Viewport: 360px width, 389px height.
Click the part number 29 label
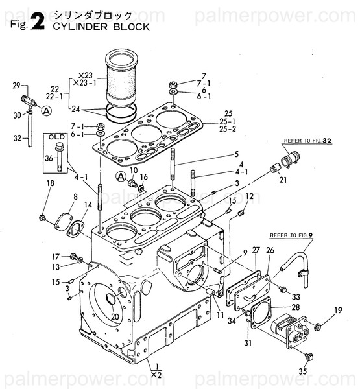click(16, 84)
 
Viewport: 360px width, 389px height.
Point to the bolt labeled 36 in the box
click(60, 154)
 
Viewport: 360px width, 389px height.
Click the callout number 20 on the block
click(115, 317)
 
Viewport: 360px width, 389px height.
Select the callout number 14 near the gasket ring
click(88, 205)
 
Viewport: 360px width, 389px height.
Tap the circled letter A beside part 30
click(46, 111)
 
